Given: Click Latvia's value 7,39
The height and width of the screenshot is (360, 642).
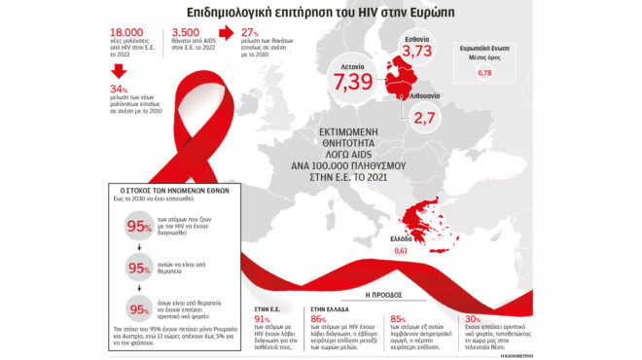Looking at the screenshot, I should [354, 82].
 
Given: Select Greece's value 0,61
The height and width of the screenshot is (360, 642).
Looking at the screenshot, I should [401, 251].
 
